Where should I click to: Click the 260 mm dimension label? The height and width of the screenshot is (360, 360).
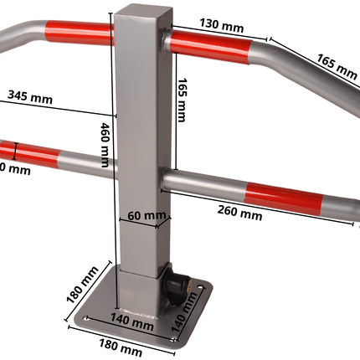pyautogui.click(x=239, y=213)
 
